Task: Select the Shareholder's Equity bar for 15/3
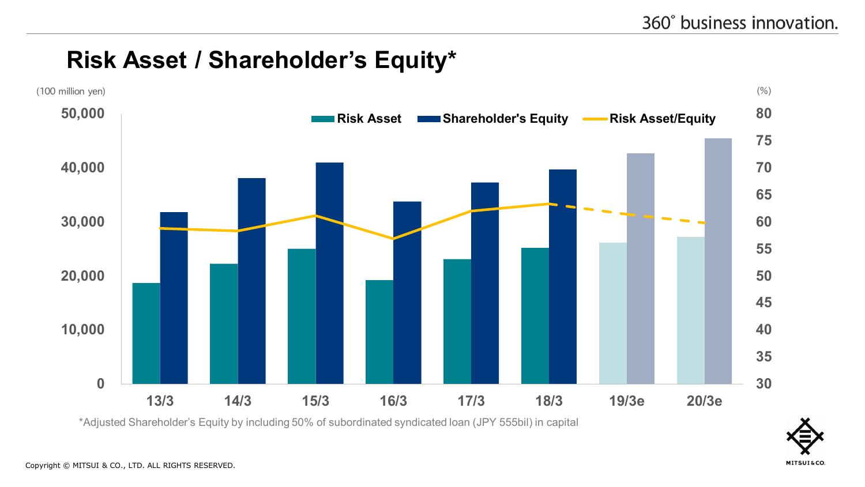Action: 329,273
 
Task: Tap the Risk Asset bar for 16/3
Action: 379,332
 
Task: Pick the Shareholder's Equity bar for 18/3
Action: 563,277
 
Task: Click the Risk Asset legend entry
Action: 356,119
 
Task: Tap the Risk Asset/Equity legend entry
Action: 650,119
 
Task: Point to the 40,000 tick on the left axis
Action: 84,168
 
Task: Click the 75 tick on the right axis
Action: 764,141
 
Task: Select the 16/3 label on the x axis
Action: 393,401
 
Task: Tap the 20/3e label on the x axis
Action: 704,401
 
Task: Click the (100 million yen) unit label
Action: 71,92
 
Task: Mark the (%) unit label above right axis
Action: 764,91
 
